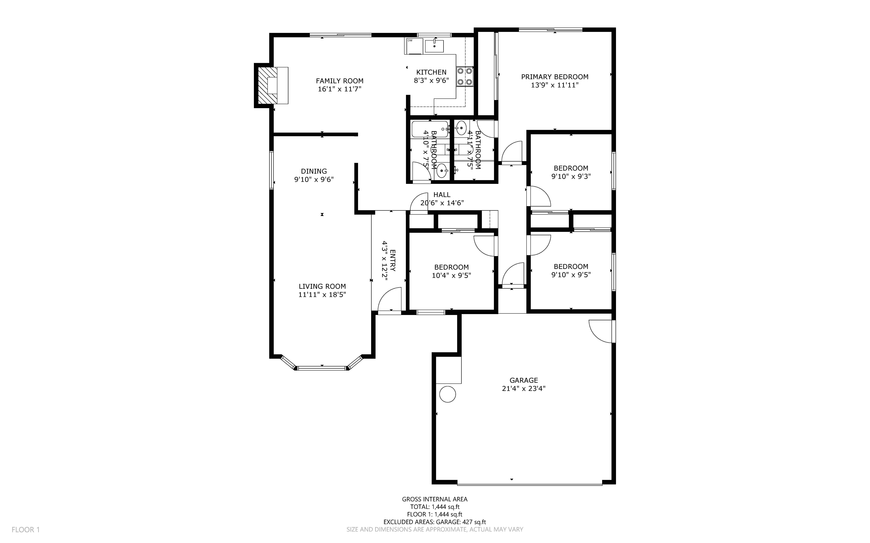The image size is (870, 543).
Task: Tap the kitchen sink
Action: point(434,46)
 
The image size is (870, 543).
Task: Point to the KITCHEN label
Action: point(431,72)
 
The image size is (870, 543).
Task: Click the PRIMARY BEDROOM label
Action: point(554,77)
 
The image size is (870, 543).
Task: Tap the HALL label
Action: point(442,195)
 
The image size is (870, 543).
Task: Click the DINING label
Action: point(314,171)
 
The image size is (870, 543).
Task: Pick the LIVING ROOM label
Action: point(322,286)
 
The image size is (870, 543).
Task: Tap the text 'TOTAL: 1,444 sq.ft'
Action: point(434,507)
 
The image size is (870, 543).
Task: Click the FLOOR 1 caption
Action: point(25,529)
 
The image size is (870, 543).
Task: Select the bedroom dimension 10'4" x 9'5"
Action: point(451,275)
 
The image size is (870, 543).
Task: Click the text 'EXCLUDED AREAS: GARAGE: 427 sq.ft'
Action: point(434,522)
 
